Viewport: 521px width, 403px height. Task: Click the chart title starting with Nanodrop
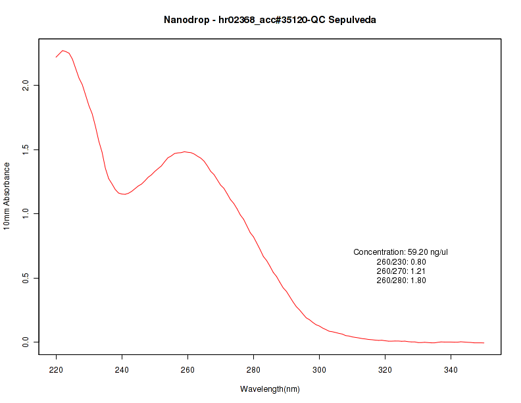pos(270,20)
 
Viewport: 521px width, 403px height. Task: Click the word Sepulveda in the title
pos(354,20)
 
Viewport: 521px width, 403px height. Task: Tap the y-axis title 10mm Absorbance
pos(7,196)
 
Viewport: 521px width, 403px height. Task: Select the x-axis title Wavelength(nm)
pos(270,389)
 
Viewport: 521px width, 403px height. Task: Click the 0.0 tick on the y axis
pos(26,342)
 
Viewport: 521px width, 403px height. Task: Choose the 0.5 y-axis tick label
pos(26,278)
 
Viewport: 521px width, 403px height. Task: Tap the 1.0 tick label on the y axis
pos(26,214)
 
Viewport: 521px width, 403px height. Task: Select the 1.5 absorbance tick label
pos(26,149)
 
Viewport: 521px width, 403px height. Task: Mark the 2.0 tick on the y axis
pos(26,86)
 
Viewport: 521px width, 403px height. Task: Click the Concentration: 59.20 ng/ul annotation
pos(401,252)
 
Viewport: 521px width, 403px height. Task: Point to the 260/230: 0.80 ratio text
pos(401,262)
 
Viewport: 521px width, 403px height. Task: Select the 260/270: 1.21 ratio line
pos(401,271)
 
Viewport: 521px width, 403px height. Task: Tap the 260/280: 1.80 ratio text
pos(401,281)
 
